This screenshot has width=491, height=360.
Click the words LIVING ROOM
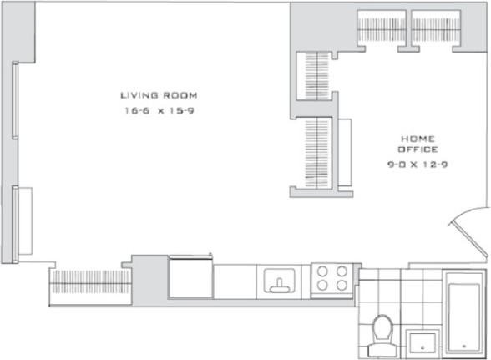[159, 95]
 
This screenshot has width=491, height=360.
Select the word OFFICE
[418, 150]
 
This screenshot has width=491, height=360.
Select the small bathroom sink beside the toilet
[423, 342]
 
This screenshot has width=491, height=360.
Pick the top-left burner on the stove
[323, 271]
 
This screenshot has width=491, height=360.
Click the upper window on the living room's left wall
[16, 100]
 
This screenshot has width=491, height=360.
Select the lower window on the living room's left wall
[16, 221]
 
